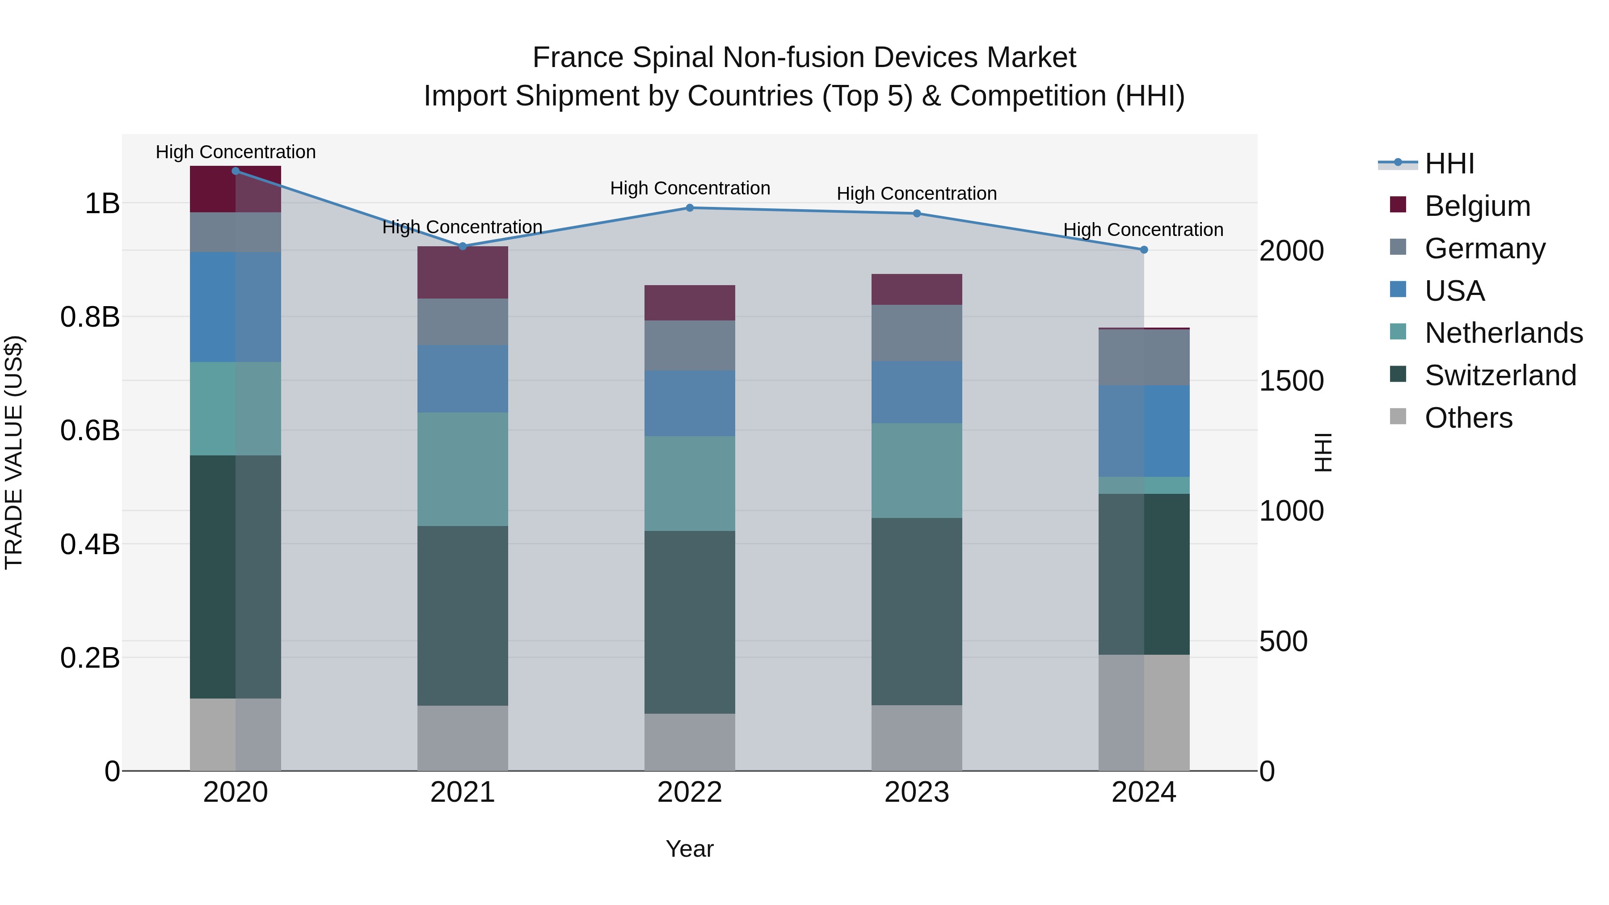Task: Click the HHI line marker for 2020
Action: coord(236,171)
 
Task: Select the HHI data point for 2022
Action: coord(690,208)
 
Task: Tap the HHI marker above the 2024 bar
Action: coord(1144,250)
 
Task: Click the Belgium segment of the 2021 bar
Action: coord(462,272)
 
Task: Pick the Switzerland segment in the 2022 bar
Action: coord(690,622)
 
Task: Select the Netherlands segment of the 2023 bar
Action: coord(916,470)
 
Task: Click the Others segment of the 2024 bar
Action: coord(1144,713)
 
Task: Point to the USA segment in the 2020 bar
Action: coord(236,307)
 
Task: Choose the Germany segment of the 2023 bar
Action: coord(916,333)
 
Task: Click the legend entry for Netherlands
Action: coord(1504,333)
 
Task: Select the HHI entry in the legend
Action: coord(1449,164)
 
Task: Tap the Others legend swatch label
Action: coord(1468,418)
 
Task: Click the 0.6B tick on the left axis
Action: coord(89,430)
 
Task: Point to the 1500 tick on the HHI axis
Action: coord(1290,381)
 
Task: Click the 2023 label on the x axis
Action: coord(916,792)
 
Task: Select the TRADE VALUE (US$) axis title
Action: coord(14,452)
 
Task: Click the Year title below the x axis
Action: coord(690,849)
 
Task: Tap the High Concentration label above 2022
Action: coord(690,188)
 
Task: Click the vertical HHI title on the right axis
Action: coord(1323,452)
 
